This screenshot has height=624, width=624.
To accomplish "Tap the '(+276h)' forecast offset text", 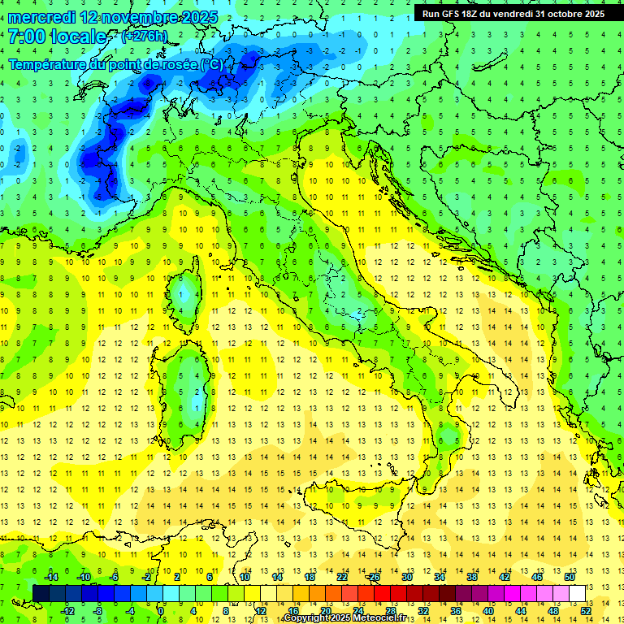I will click(x=144, y=37).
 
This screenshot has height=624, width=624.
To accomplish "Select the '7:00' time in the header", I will click(x=24, y=37).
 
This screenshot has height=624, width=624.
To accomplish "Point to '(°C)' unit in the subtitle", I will click(x=210, y=64).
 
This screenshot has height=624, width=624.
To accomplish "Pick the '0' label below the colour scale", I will click(x=161, y=610).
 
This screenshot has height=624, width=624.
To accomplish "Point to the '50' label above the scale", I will click(x=570, y=576).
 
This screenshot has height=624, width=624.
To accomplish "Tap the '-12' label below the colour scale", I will click(x=68, y=610).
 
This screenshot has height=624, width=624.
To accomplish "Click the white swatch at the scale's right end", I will click(x=577, y=593).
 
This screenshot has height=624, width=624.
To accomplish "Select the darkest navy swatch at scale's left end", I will click(x=41, y=593).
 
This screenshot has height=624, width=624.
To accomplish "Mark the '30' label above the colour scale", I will click(x=407, y=576).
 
